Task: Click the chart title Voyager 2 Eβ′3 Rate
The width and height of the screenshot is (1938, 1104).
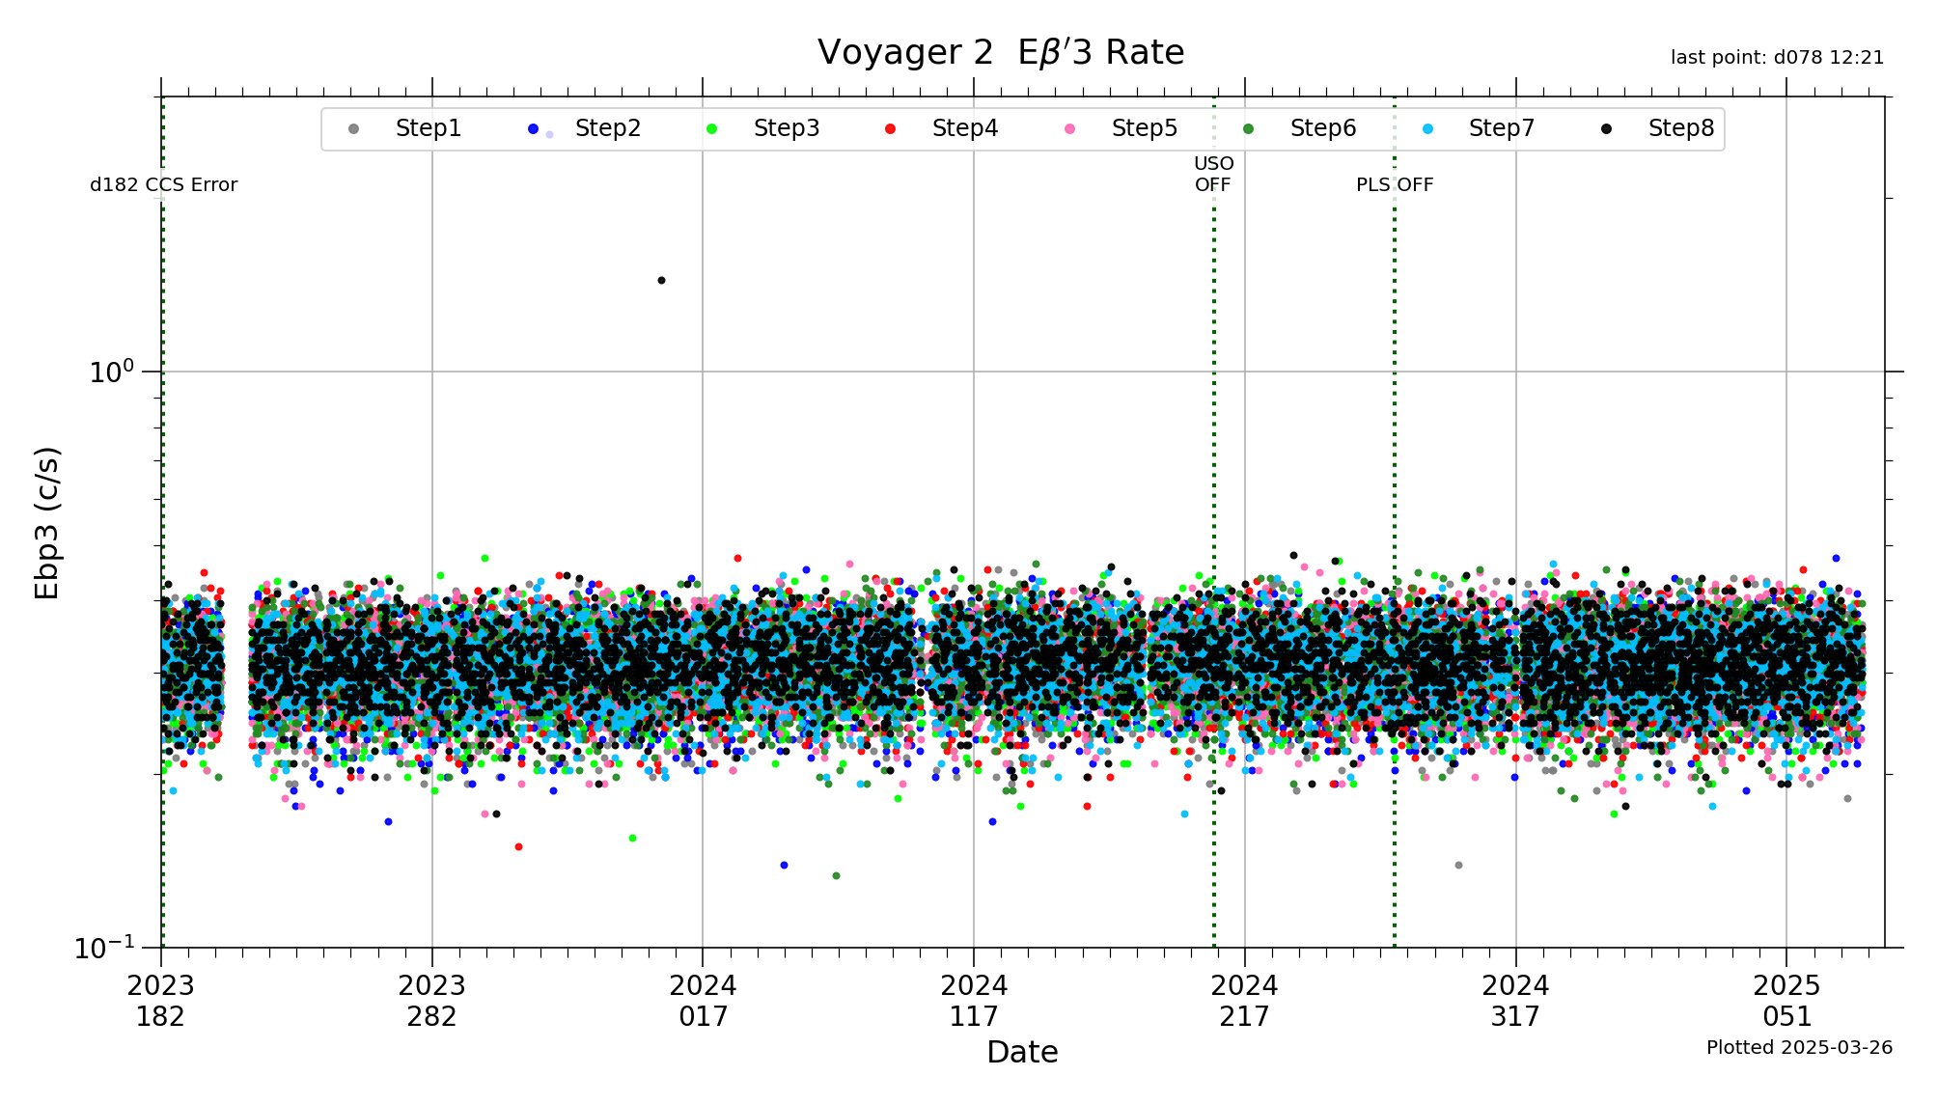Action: (1000, 53)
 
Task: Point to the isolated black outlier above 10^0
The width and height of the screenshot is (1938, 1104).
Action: (661, 281)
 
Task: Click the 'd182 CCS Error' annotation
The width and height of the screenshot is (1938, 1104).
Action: (163, 185)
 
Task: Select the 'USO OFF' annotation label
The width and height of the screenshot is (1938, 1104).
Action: (1213, 174)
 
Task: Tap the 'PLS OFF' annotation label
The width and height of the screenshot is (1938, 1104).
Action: (1395, 185)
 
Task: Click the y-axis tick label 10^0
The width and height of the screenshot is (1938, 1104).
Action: (111, 372)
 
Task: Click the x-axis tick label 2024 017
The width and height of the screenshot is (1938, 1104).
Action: (703, 1000)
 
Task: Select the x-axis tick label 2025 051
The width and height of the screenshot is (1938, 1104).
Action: (1786, 1000)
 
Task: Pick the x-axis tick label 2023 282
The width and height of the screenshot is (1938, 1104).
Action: (431, 1000)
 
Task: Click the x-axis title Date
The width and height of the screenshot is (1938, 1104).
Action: (1022, 1052)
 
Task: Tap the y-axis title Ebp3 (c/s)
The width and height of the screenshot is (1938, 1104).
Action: (47, 522)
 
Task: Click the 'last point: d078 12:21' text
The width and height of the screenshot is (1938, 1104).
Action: (1777, 58)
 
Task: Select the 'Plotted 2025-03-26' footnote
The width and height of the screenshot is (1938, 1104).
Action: (1799, 1048)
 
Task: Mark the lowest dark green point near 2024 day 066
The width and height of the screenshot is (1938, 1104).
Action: (836, 876)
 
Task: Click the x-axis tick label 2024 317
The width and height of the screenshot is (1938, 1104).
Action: (1515, 1000)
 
